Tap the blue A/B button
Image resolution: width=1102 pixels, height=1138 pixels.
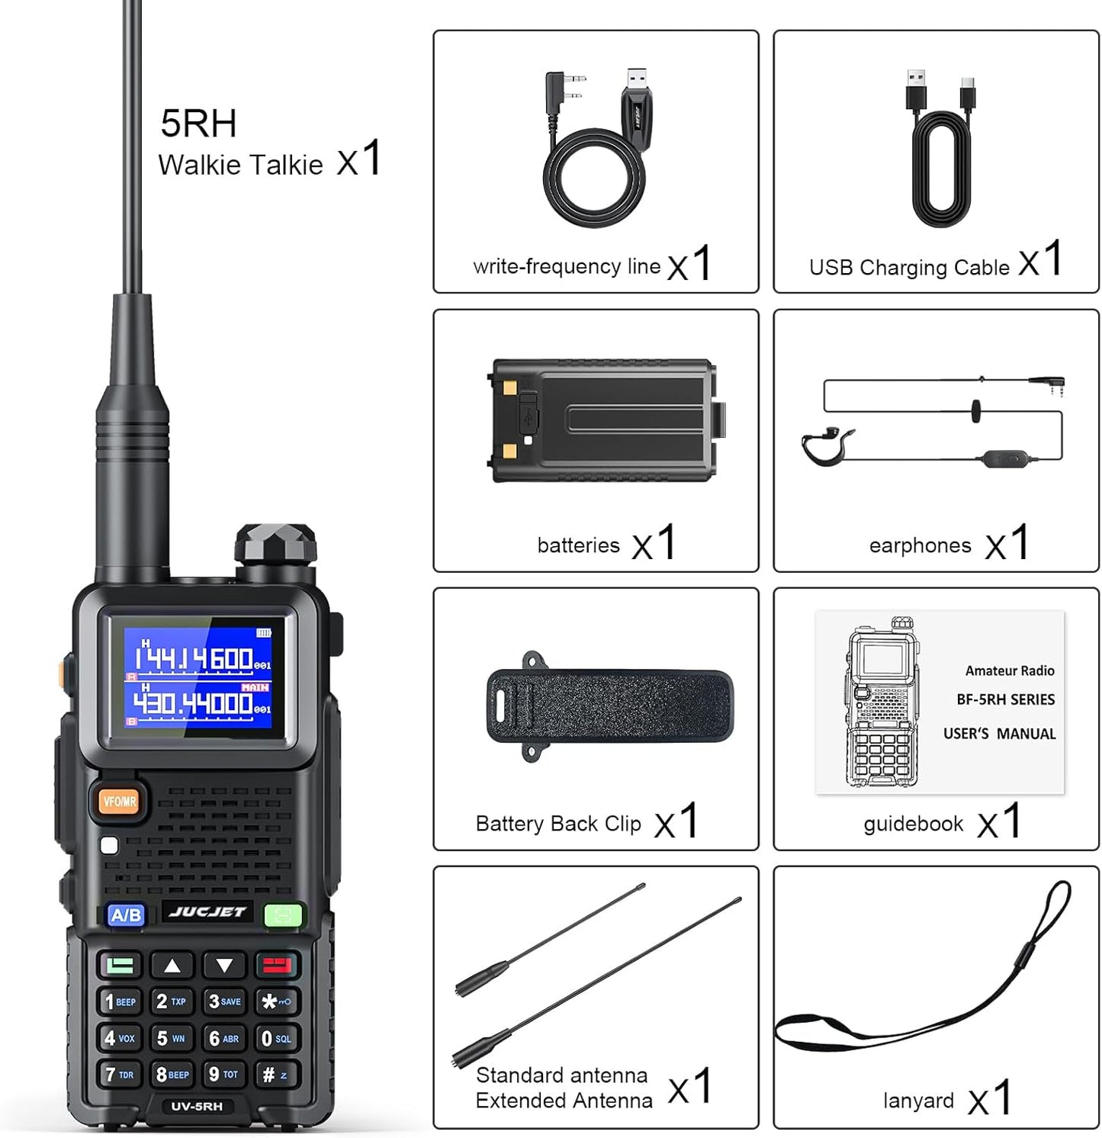point(126,915)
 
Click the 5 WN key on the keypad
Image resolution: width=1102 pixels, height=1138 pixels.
point(172,1038)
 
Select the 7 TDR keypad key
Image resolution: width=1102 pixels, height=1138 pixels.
point(120,1075)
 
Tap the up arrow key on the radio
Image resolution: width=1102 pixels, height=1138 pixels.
point(172,966)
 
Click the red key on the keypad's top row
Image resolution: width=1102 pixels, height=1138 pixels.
point(276,966)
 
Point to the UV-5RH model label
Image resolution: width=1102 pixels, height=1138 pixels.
point(197,1106)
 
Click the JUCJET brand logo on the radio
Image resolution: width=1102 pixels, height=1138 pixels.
point(207,912)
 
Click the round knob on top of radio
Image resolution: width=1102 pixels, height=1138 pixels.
point(275,545)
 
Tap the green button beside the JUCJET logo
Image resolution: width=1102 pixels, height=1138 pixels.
point(283,915)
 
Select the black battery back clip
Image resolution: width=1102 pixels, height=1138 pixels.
point(610,706)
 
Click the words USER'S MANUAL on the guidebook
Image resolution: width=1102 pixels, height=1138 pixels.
point(999,734)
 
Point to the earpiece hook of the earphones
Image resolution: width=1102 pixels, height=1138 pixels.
point(825,448)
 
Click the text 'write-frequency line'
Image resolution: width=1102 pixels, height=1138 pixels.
point(567,266)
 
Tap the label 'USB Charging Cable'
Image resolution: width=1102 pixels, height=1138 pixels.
point(909,268)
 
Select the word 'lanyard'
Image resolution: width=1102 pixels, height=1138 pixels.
point(918,1101)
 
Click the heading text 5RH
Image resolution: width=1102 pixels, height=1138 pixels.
point(198,124)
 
